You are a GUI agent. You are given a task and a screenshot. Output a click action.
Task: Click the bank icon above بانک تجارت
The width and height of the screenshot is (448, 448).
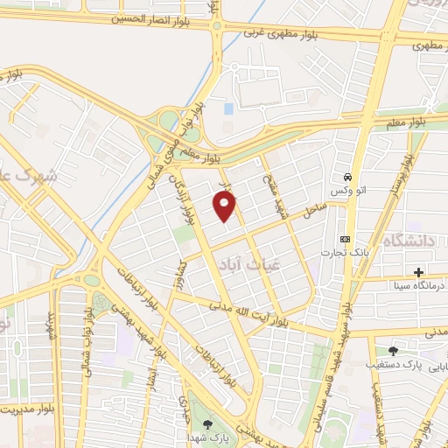[345, 239]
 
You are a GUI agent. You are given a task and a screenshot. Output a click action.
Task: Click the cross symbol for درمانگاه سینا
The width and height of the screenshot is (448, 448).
[419, 273]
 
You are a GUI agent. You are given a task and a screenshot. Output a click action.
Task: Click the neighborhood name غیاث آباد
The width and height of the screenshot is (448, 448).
[238, 264]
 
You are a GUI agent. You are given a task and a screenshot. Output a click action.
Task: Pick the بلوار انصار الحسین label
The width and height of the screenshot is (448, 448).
[160, 18]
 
